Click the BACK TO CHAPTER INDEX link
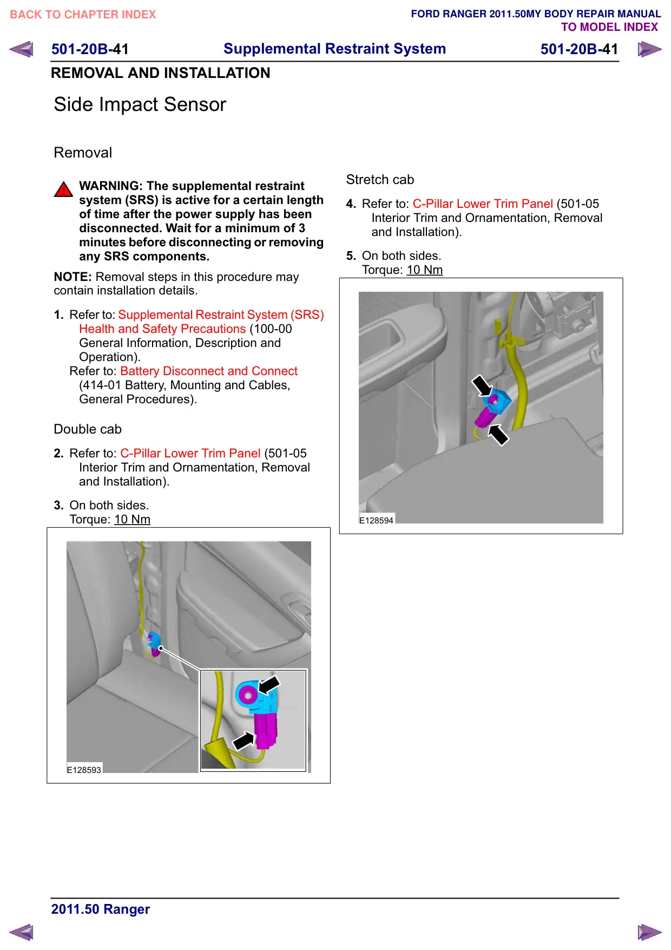(x=83, y=15)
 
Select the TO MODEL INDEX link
(x=609, y=27)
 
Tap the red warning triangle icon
(x=63, y=189)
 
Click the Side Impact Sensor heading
(x=140, y=104)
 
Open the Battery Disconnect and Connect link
(x=209, y=371)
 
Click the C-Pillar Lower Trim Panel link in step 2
(x=190, y=453)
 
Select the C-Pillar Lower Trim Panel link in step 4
(x=483, y=204)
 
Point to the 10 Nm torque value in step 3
(x=132, y=519)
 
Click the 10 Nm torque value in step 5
(x=425, y=270)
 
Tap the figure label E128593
(x=84, y=770)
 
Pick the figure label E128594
(x=376, y=520)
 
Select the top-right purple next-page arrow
(x=649, y=49)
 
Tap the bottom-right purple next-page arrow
(x=649, y=932)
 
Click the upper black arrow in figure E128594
(x=482, y=386)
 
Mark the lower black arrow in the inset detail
(x=244, y=739)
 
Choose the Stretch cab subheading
(x=380, y=180)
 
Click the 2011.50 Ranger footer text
(x=101, y=909)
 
